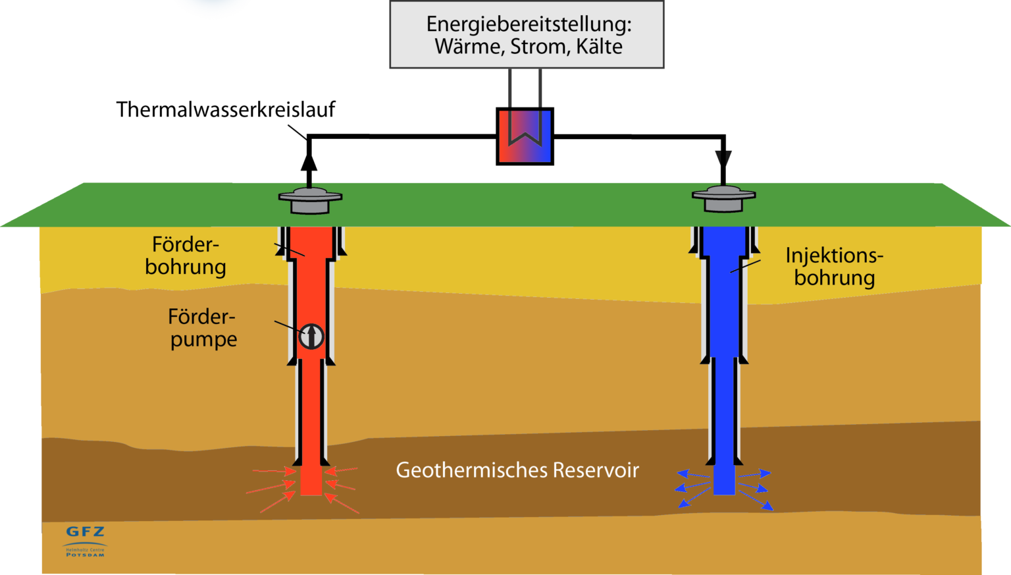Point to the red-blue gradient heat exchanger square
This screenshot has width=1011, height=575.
coord(525,136)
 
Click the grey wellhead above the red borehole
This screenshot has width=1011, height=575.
coord(310,200)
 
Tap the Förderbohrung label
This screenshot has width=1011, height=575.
coord(186,256)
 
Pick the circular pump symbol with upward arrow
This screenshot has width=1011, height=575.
coord(311,336)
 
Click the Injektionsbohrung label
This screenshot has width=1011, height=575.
coord(834,267)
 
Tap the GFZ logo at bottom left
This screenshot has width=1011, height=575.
coord(85,532)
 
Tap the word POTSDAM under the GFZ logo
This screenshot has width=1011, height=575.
coord(85,555)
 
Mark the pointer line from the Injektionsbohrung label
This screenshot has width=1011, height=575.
coord(745,266)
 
